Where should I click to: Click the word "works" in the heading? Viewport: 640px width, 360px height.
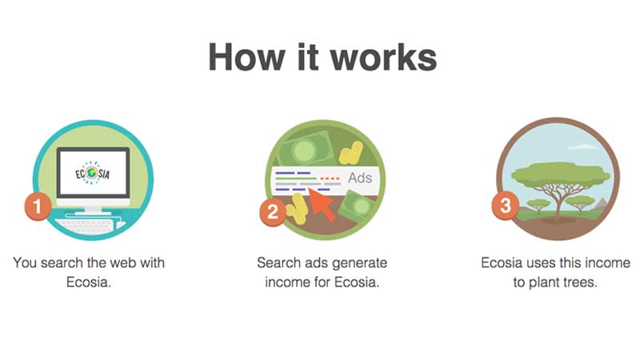point(383,58)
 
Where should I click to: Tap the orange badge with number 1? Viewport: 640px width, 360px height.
point(38,206)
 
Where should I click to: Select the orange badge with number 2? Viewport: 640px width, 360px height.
point(273,212)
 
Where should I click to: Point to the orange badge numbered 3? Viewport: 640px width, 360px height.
point(506,206)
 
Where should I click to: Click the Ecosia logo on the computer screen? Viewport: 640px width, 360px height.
point(92,173)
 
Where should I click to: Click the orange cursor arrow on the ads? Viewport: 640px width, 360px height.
point(323,204)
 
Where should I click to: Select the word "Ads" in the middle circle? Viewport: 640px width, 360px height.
point(360,178)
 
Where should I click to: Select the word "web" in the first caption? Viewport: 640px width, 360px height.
point(122,263)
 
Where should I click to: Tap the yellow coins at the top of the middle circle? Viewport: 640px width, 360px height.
point(350,153)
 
